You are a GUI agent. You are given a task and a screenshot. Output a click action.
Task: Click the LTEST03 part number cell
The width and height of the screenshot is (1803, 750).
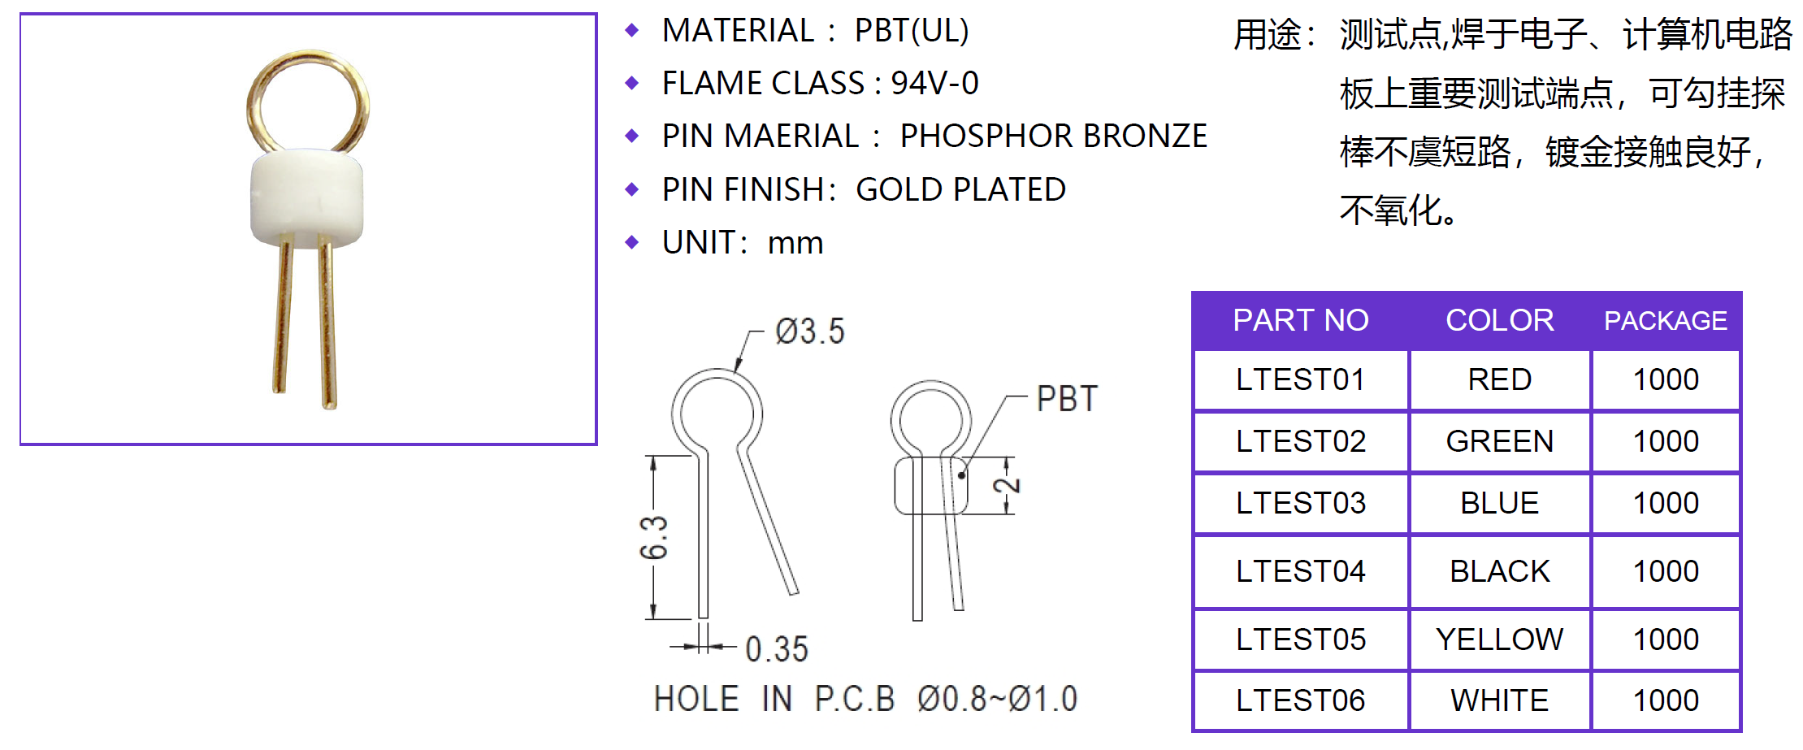coord(1300,503)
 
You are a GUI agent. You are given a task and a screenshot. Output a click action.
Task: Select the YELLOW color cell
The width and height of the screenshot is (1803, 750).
coord(1499,639)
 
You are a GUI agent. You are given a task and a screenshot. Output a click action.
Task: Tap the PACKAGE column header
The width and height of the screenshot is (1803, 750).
coord(1665,321)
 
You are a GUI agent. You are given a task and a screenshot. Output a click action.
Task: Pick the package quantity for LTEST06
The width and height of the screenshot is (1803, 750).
coord(1666,700)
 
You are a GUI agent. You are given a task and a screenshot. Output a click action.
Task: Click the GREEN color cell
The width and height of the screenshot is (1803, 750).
coord(1499,441)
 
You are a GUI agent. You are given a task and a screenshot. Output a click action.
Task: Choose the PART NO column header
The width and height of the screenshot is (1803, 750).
coord(1300,320)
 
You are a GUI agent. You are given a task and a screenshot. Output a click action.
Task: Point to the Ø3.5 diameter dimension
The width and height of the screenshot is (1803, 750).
coord(809,332)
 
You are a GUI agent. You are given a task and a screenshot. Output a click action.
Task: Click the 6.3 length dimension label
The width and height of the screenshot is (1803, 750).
coord(654,538)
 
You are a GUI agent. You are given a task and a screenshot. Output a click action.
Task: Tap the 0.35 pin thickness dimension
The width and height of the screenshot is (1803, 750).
coord(777,649)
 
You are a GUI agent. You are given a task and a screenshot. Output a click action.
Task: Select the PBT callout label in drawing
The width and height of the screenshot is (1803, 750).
coord(1067,399)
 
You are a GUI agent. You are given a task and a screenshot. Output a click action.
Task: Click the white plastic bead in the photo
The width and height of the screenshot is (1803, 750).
coord(306,198)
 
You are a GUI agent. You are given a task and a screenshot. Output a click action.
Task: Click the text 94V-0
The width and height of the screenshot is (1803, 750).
coord(934,83)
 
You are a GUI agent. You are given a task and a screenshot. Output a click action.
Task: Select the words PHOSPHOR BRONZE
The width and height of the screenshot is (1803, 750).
coord(1053,136)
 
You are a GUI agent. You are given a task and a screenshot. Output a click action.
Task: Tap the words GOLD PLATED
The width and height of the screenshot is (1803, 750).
coord(960,189)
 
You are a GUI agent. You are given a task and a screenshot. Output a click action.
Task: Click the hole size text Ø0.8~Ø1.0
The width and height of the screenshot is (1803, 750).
coord(997,699)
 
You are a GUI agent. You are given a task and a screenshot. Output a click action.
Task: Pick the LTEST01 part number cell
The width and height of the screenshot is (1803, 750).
coord(1300,379)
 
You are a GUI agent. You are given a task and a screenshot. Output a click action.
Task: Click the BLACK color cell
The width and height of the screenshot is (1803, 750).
coord(1499,571)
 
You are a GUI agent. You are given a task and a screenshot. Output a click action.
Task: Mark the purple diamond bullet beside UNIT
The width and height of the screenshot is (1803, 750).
coord(632,242)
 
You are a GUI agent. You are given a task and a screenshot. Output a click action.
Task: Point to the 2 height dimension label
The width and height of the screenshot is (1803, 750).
coord(1007,485)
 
